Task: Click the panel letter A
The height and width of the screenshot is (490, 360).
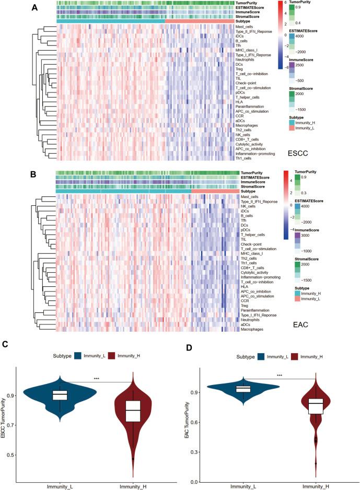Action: pyautogui.click(x=34, y=8)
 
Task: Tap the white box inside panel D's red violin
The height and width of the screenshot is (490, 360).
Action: pyautogui.click(x=315, y=406)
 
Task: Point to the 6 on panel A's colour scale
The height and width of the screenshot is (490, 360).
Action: pyautogui.click(x=287, y=3)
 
